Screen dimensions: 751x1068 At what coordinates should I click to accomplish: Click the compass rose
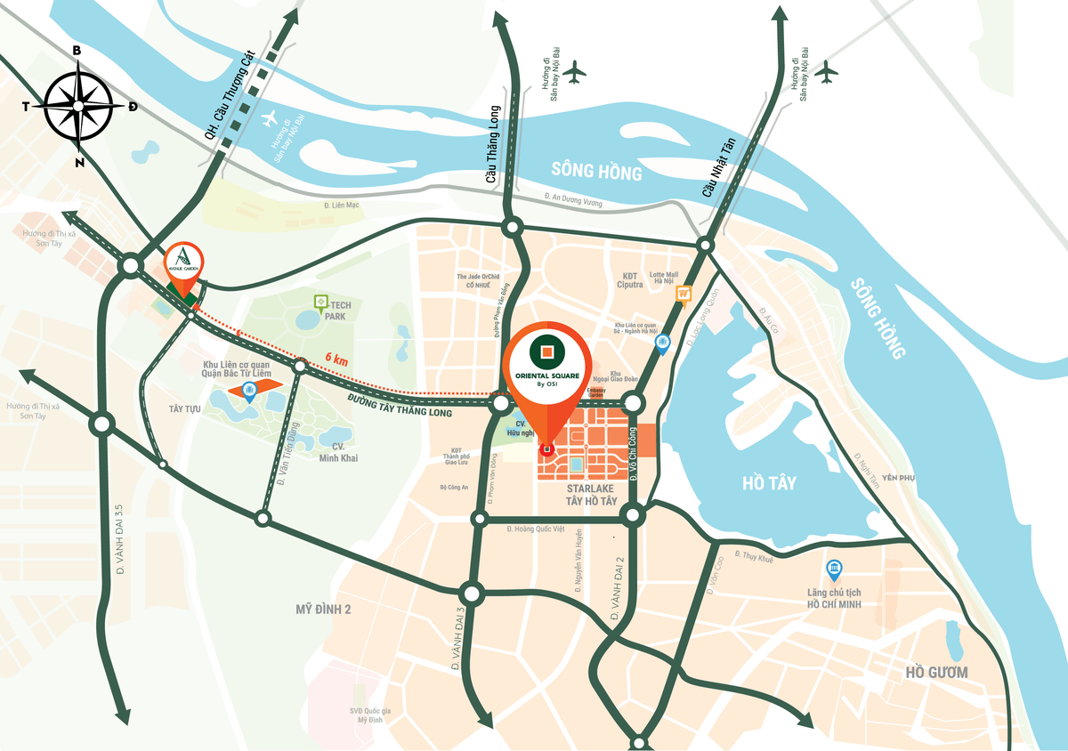78,106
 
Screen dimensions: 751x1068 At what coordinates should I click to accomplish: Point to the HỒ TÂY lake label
769,483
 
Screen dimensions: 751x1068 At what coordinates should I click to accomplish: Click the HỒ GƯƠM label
935,672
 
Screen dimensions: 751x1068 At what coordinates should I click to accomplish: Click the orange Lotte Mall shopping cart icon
684,294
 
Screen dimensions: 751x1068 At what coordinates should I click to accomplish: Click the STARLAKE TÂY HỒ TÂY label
591,496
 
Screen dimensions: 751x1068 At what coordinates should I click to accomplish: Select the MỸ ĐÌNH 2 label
324,610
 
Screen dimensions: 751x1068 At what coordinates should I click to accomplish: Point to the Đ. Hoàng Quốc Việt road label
536,529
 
